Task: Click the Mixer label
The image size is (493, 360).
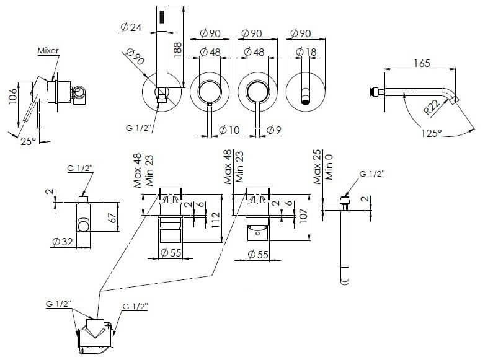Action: [x=48, y=50]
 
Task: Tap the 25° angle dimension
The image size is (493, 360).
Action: [x=29, y=141]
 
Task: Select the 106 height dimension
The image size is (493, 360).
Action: [x=12, y=97]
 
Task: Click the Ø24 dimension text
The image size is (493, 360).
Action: [x=131, y=27]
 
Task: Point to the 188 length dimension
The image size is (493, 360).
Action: [x=177, y=50]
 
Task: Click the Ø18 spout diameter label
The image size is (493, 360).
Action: [x=306, y=52]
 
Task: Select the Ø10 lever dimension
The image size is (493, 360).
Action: [x=229, y=130]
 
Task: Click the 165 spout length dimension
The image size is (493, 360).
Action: [x=422, y=63]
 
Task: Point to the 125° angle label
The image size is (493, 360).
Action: [x=432, y=133]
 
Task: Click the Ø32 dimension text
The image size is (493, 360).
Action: [x=63, y=241]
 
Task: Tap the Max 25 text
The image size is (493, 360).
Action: [x=317, y=167]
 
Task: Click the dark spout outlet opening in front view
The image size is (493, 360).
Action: [x=306, y=102]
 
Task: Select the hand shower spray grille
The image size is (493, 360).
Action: [x=162, y=17]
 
